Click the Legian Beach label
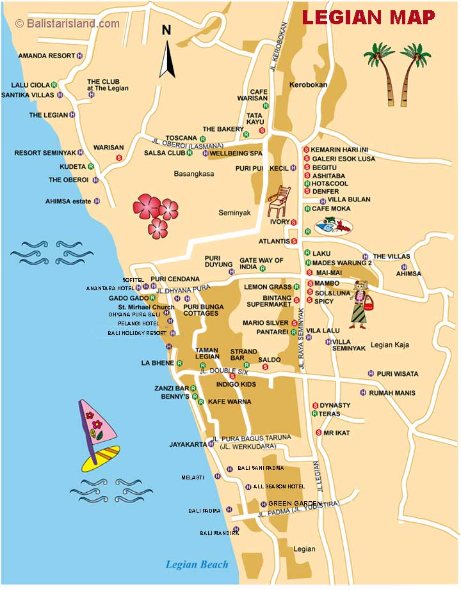pyautogui.click(x=197, y=564)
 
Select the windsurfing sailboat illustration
pyautogui.click(x=97, y=435)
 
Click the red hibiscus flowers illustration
pyautogui.click(x=156, y=213)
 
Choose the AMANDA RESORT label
pyautogui.click(x=46, y=56)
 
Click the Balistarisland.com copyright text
pyautogui.click(x=67, y=24)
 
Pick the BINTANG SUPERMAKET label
pyautogui.click(x=269, y=301)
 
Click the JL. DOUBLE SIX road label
pyautogui.click(x=223, y=371)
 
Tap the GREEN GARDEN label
pyautogui.click(x=295, y=503)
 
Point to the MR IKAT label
pyautogui.click(x=337, y=433)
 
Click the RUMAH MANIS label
pyautogui.click(x=392, y=393)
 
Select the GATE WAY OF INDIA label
pyautogui.click(x=261, y=264)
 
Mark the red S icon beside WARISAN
pyautogui.click(x=118, y=157)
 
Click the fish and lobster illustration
pyautogui.click(x=334, y=227)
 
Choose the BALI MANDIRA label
pyautogui.click(x=214, y=532)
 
